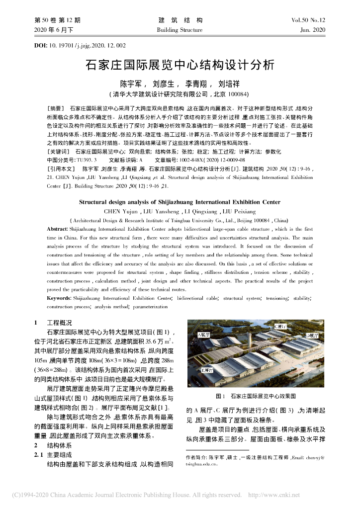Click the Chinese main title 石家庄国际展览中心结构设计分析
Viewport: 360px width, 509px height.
180,65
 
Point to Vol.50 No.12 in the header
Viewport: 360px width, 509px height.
308,20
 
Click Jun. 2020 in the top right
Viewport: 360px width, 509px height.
313,30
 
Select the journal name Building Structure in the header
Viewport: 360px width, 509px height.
180,30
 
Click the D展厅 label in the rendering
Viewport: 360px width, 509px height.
312,336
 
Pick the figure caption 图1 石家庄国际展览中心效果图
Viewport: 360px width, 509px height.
256,396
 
